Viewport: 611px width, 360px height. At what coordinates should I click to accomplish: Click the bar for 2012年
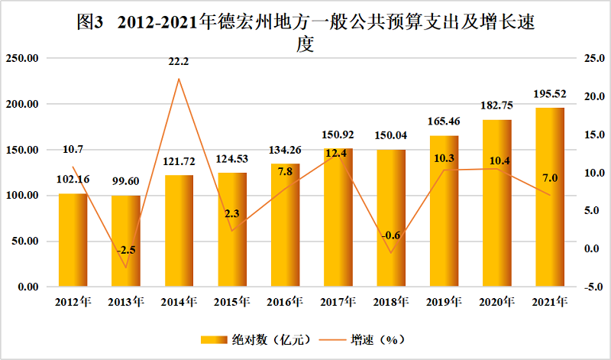coord(73,240)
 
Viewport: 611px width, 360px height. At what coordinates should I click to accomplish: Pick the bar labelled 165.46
coord(444,211)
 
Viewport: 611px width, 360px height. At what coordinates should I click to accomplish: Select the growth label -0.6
coord(391,235)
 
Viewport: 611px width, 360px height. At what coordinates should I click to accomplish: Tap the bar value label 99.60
coord(126,181)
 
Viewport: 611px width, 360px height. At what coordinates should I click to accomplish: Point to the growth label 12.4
coord(338,154)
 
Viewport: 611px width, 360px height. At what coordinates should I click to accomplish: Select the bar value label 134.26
coord(285,150)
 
